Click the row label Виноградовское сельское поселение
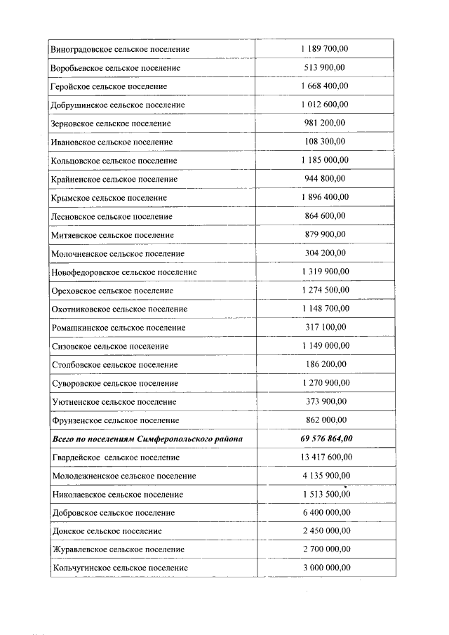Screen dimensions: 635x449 pyautogui.click(x=120, y=50)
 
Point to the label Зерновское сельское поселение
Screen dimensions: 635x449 pyautogui.click(x=111, y=123)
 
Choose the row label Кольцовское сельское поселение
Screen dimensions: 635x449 pyautogui.click(x=114, y=161)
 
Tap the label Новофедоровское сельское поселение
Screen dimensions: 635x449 pyautogui.click(x=124, y=272)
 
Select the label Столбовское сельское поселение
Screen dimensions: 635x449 pyautogui.click(x=115, y=365)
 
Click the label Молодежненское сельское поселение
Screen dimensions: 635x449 pyautogui.click(x=124, y=476)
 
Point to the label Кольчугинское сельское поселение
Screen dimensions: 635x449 pyautogui.click(x=120, y=568)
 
